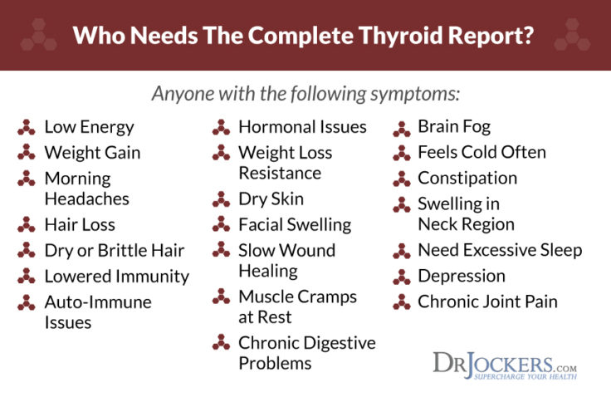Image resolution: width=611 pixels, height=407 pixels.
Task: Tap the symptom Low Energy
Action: point(89,127)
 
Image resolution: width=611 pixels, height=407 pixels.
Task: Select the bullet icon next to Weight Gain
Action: point(27,153)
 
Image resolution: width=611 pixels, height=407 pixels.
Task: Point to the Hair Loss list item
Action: point(80,224)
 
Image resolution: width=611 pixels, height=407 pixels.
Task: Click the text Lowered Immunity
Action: point(116,276)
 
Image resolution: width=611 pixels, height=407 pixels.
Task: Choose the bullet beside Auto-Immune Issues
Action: point(27,302)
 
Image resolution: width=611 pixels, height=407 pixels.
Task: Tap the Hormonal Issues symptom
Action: point(302,127)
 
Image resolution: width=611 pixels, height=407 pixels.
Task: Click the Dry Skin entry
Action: point(271,199)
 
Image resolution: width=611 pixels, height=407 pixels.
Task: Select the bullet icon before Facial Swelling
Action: point(221,224)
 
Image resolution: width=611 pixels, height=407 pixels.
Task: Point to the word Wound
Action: point(310,250)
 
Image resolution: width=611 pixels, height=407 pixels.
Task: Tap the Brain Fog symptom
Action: point(453,127)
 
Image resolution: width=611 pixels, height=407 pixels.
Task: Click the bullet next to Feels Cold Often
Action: point(402,153)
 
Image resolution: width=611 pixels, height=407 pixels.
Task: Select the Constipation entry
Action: point(467,178)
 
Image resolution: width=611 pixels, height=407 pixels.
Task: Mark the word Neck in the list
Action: point(439,224)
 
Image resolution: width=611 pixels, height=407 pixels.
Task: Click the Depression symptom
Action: point(462,276)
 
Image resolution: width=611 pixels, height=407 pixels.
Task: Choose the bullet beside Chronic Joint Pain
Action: point(402,302)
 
